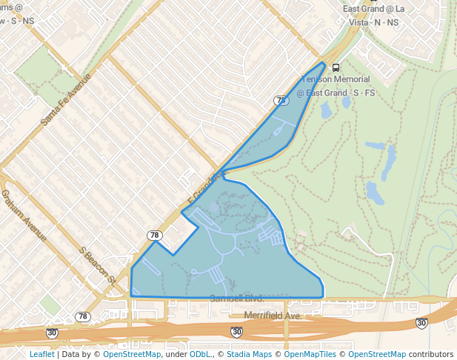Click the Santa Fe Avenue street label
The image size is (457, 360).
coord(66,98)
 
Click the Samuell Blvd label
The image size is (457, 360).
coord(236,298)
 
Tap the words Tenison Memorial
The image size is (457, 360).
coord(341,79)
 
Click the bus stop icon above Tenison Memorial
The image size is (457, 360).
coord(336,67)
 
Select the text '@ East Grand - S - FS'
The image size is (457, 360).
coord(341,93)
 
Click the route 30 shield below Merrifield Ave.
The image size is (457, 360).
coord(236,332)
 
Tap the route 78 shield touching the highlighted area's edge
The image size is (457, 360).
coord(154,236)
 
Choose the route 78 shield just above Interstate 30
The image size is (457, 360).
coord(83,316)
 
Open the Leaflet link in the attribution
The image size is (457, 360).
coord(41,354)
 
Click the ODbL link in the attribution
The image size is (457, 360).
coord(200,354)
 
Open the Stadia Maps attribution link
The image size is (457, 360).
coord(250,354)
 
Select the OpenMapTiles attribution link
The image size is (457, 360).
coord(312,354)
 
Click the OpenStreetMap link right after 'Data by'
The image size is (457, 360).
coord(132,354)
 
